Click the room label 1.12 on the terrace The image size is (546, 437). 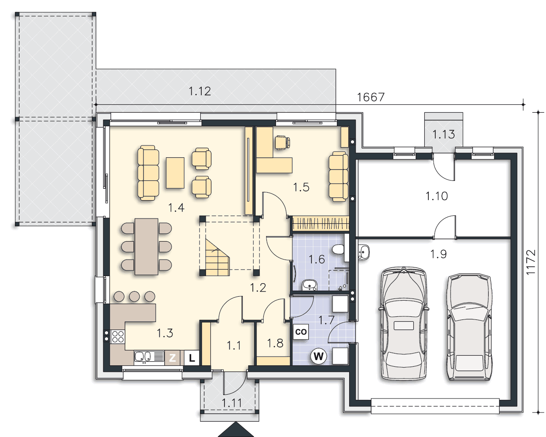click(199, 91)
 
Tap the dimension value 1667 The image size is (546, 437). click(371, 97)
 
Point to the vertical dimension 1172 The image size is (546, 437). click(531, 262)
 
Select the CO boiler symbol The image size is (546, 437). click(301, 332)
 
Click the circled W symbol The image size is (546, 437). click(318, 357)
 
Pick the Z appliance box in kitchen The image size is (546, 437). click(172, 357)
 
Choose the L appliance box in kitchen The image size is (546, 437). click(192, 357)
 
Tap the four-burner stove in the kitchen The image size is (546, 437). click(118, 336)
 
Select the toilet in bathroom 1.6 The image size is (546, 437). click(338, 249)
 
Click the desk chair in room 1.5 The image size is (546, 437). click(282, 143)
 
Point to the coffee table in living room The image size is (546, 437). click(175, 173)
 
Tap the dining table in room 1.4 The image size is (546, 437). click(147, 246)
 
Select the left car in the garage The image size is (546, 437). click(404, 323)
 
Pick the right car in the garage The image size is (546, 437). click(469, 327)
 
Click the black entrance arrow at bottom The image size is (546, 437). click(236, 430)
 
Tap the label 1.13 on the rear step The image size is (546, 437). click(444, 134)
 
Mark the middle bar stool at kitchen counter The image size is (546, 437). click(134, 296)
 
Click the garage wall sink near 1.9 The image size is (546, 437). click(364, 252)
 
